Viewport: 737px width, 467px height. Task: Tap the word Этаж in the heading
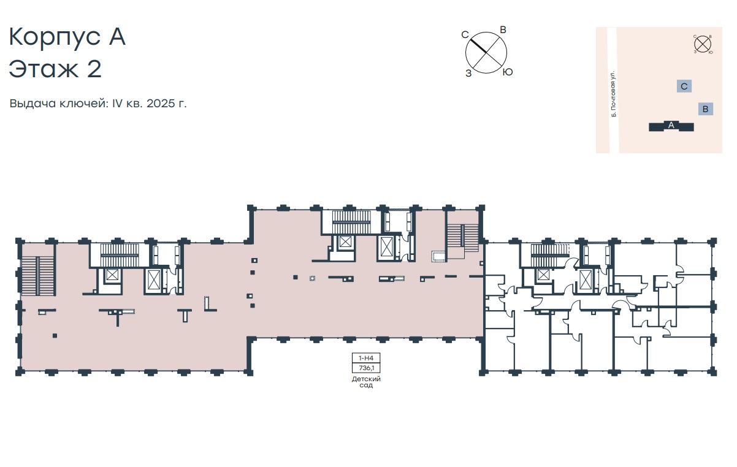44,69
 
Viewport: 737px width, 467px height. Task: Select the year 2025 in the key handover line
161,103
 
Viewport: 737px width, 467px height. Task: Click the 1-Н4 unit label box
366,358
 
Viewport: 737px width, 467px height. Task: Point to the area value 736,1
366,368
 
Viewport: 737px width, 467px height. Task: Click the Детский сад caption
366,382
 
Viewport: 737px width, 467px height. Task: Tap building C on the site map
684,86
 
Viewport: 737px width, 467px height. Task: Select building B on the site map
705,109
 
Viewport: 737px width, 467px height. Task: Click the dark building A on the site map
671,126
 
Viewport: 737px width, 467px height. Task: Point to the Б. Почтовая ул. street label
613,94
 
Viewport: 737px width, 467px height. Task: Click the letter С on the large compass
465,35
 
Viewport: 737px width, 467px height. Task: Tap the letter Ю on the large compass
508,72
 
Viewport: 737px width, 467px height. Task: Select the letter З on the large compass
468,74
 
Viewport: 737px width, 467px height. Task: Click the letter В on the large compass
503,30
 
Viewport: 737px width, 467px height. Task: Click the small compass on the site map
703,44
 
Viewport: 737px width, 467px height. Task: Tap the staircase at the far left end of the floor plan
38,276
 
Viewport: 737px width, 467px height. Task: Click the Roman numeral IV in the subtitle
117,103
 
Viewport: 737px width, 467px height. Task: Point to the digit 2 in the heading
94,69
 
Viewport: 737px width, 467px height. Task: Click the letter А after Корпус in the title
117,37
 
